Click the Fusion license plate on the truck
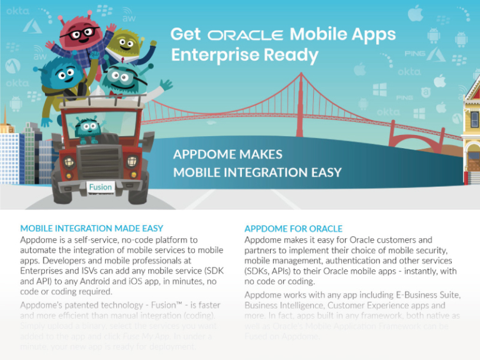pyautogui.click(x=100, y=186)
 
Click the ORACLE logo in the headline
pyautogui.click(x=245, y=35)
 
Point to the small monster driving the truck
pyautogui.click(x=87, y=129)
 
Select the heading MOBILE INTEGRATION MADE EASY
pyautogui.click(x=92, y=229)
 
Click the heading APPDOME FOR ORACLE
pyautogui.click(x=293, y=229)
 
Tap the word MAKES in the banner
pyautogui.click(x=259, y=154)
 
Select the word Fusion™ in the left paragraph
pyautogui.click(x=167, y=305)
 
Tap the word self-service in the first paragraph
pyautogui.click(x=101, y=240)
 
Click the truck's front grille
pyautogui.click(x=100, y=164)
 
